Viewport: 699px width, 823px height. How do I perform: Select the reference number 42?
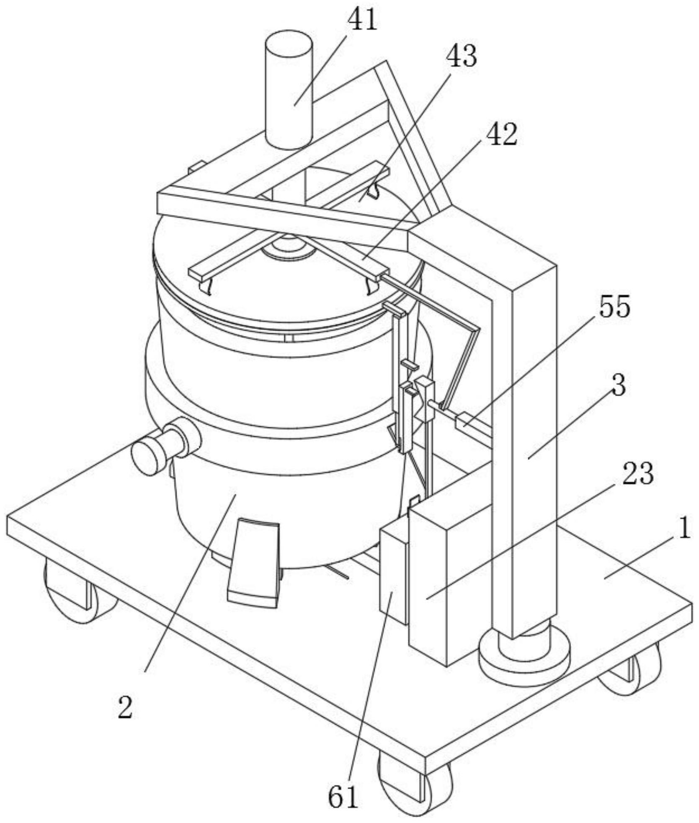tap(503, 135)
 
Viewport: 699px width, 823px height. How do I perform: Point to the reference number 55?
tap(615, 307)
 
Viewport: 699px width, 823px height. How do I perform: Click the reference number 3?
tap(619, 385)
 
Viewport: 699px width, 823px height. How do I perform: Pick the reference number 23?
tap(638, 474)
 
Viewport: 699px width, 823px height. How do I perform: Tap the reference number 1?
tap(684, 528)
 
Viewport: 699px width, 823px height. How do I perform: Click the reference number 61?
tap(343, 798)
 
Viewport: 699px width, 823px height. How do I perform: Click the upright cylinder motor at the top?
tap(288, 89)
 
